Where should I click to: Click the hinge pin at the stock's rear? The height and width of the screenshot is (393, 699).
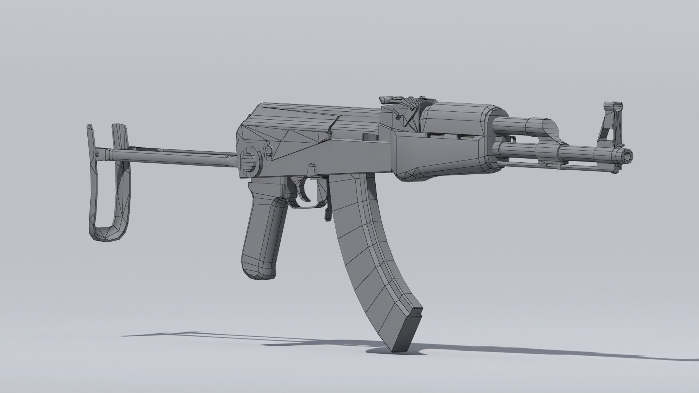[98, 154]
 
